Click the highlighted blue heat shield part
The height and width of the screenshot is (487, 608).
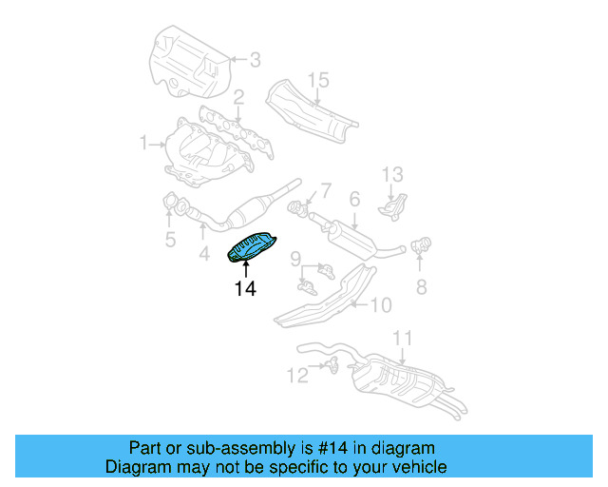coord(252,246)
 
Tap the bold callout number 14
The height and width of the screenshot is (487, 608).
coord(245,288)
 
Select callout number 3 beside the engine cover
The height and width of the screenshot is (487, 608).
coord(255,60)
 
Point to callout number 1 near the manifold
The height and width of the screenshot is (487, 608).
coord(144,145)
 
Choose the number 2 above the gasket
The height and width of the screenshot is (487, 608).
coord(239,96)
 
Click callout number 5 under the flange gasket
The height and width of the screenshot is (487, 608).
coord(170,240)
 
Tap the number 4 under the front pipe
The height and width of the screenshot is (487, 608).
coord(203,254)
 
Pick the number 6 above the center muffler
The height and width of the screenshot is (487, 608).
coord(353,199)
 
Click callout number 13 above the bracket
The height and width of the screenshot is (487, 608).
coord(393,174)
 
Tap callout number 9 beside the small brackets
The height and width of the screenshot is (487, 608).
coord(295,258)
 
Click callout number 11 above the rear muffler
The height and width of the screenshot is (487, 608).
coord(403,338)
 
